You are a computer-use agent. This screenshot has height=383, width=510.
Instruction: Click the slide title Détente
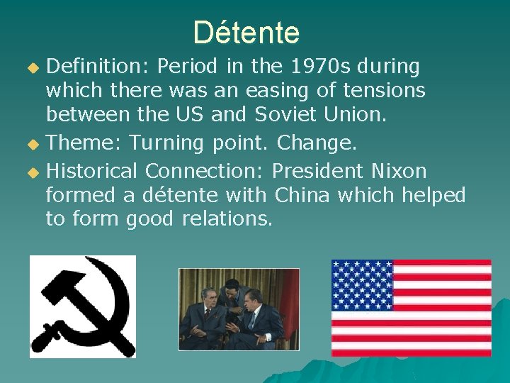(246, 32)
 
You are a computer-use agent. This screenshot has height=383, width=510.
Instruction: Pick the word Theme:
(84, 143)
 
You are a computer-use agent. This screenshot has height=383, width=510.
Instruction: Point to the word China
(302, 195)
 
